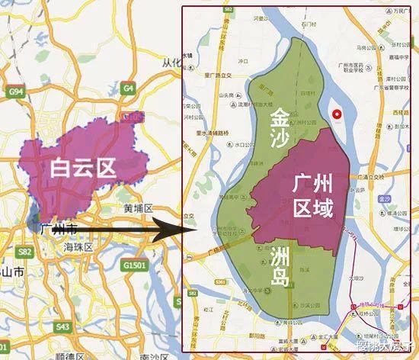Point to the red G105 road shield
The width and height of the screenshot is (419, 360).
134,117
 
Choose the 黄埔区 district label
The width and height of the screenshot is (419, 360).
139,208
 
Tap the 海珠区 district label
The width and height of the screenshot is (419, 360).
78,247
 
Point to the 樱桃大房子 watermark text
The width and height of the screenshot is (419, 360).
389,350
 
